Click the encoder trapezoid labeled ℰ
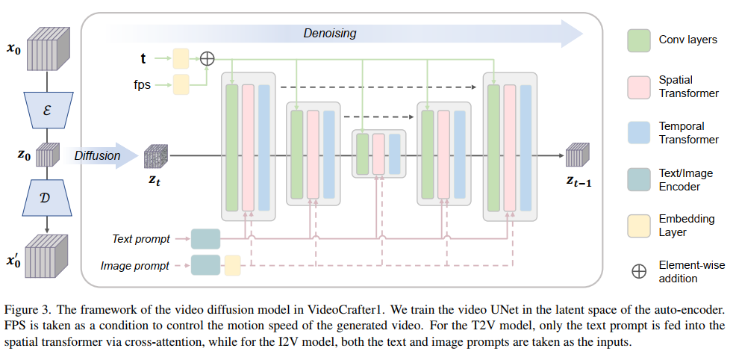[48, 111]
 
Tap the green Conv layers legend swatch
[639, 40]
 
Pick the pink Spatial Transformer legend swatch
[639, 87]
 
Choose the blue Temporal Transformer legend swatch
[639, 133]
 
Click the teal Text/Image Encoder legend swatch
[639, 179]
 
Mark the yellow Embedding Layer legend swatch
[639, 226]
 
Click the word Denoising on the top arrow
[329, 33]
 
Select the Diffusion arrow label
[97, 155]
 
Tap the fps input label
[142, 84]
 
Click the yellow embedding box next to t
[181, 58]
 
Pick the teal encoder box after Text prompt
[206, 239]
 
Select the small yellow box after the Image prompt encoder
[232, 265]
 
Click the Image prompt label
[135, 266]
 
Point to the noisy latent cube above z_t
[156, 155]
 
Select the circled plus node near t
[207, 58]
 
